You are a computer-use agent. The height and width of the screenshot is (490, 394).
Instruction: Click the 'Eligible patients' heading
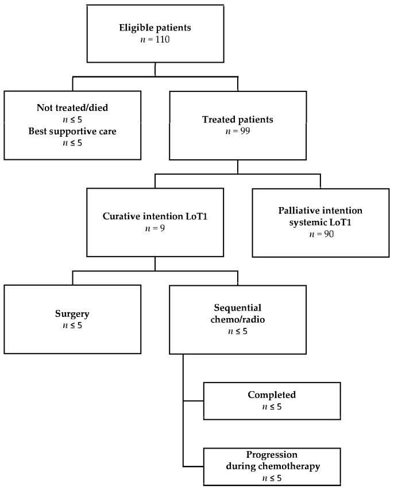point(155,28)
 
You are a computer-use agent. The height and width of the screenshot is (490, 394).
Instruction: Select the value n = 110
point(155,40)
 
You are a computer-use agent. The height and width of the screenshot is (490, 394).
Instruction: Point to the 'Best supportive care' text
point(72,131)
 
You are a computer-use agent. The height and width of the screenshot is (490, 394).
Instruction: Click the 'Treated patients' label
point(237,120)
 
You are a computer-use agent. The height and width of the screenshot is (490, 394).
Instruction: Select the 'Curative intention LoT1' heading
point(155,217)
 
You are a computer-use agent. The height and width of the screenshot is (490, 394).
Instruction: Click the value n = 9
point(155,228)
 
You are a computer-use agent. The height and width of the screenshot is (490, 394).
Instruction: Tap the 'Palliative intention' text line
point(320,211)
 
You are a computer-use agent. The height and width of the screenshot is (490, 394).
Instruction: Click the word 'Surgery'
point(72,314)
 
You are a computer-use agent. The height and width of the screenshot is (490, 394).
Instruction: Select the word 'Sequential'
point(237,308)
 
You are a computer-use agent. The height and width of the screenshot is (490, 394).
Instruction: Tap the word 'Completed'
point(272,395)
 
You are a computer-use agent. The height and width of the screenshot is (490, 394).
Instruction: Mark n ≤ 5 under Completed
point(272,406)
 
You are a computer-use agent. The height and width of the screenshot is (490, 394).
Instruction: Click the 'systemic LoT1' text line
point(320,222)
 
